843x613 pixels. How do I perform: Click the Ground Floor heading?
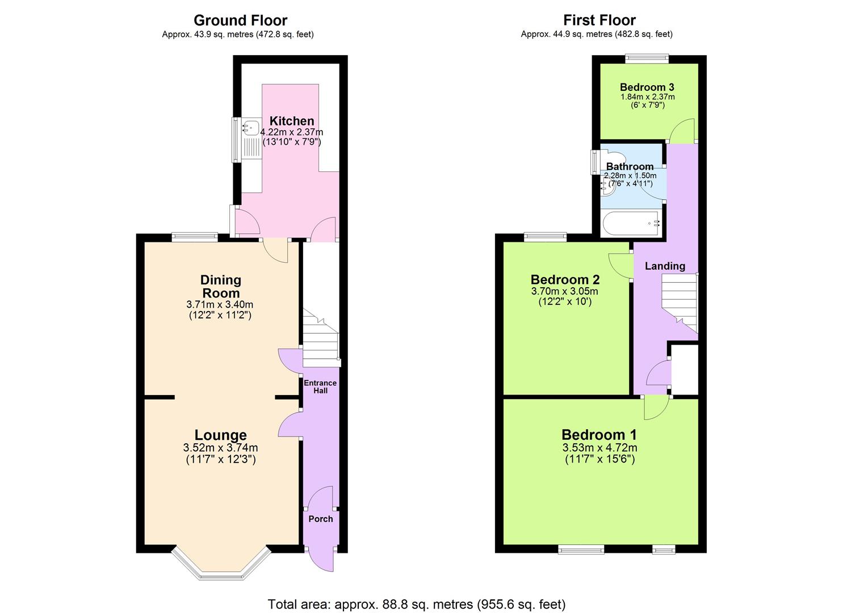240,20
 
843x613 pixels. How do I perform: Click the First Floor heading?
599,20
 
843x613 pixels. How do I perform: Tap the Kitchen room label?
291,121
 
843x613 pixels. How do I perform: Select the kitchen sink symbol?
250,129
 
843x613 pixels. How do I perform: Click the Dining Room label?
220,286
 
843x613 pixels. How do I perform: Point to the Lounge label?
221,435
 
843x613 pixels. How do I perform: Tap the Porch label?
320,519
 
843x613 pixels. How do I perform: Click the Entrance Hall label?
320,387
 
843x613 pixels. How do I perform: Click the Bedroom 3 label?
647,87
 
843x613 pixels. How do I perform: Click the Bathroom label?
630,166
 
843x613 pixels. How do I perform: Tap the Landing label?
665,266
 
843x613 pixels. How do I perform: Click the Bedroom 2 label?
565,279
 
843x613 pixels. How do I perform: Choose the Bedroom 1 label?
599,435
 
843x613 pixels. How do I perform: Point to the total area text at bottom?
417,604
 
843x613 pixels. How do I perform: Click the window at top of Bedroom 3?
647,57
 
